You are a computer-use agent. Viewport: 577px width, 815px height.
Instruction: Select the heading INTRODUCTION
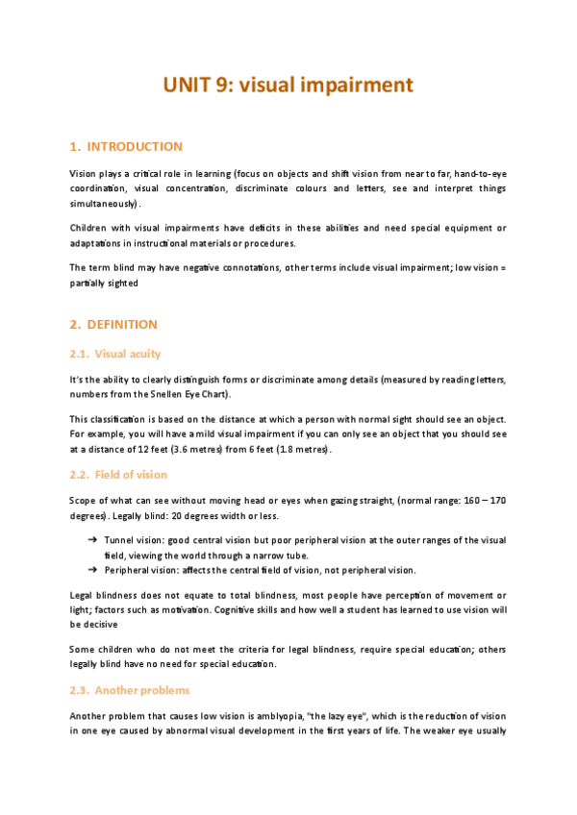[134, 147]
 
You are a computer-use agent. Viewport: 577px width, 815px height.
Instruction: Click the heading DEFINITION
[121, 325]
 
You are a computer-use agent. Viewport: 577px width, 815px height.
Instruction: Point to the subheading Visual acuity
[128, 354]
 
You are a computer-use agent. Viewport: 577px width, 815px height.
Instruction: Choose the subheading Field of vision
[131, 475]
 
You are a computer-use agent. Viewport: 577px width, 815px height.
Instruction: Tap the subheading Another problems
[142, 690]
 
